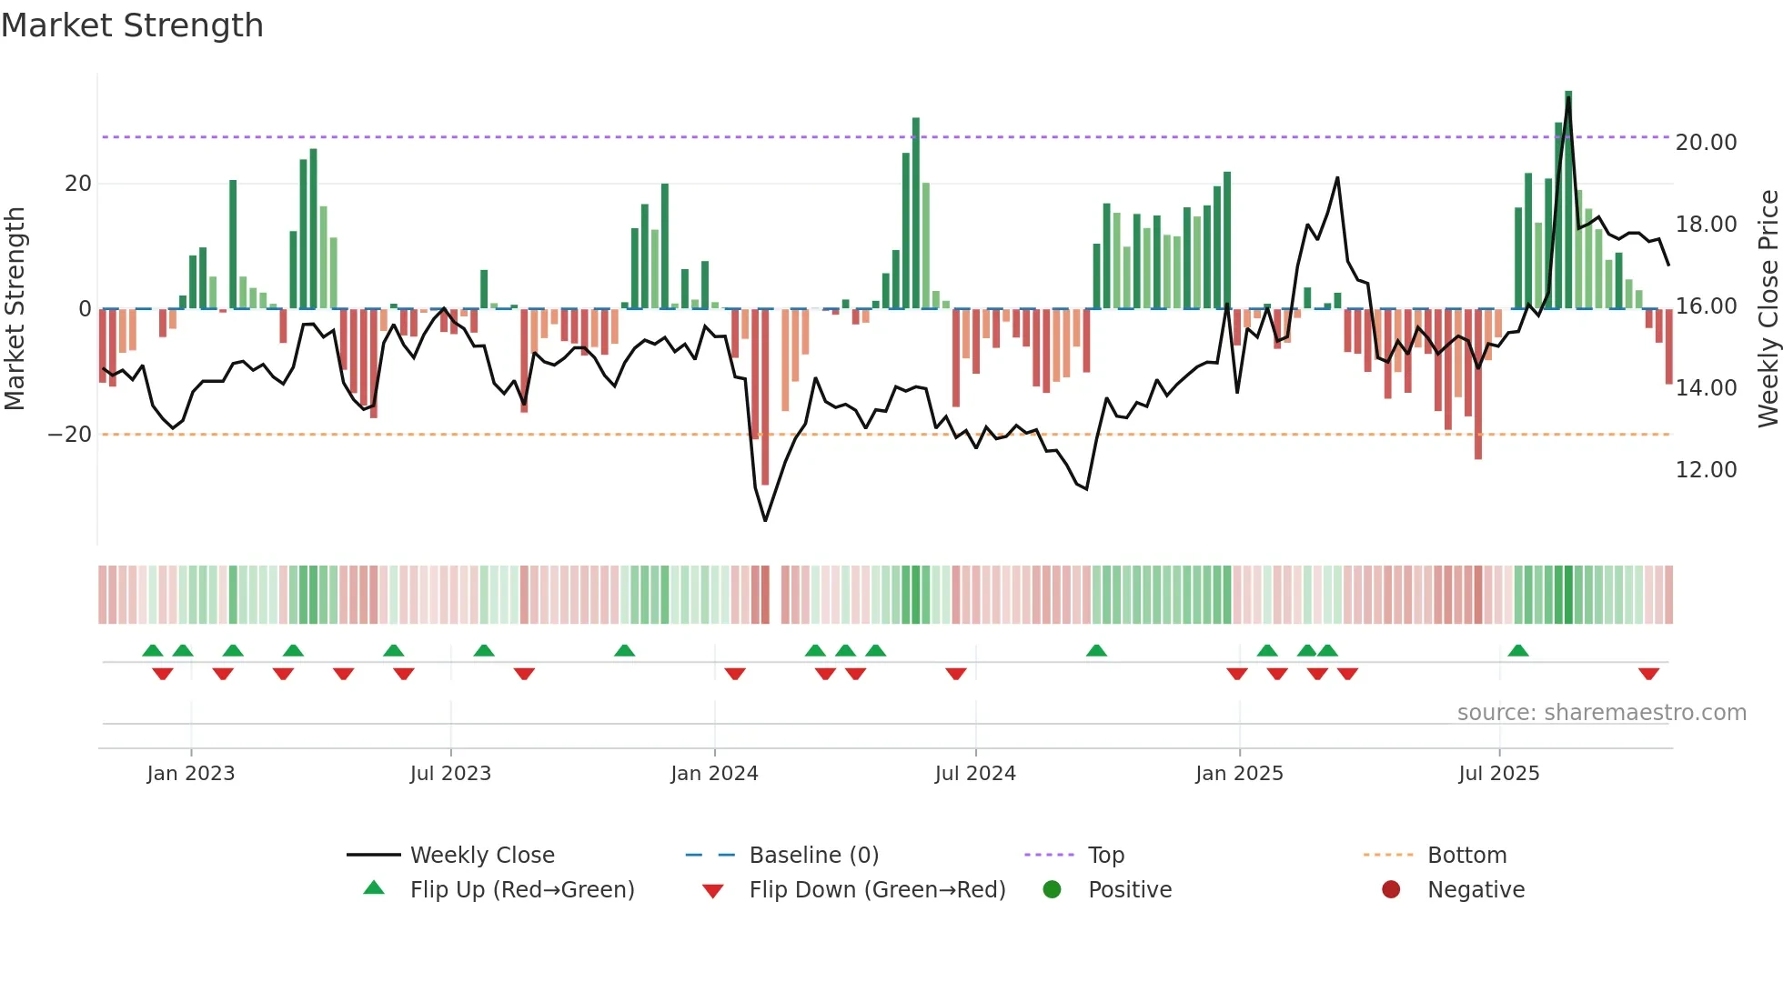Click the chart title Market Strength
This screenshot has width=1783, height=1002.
pos(133,25)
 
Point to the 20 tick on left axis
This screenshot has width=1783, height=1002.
pos(78,184)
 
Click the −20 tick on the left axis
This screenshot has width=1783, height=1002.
pos(70,435)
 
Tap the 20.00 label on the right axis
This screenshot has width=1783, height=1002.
pos(1706,143)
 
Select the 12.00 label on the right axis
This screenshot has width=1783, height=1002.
pos(1706,470)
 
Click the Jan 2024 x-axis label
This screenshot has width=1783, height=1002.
pos(714,774)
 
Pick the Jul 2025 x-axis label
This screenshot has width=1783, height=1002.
pos(1498,774)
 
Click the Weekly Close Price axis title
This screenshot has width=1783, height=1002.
pos(1768,309)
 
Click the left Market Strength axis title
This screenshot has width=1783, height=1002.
pos(15,309)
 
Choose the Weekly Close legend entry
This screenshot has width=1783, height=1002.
pos(482,856)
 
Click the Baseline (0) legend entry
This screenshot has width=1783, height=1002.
pos(813,856)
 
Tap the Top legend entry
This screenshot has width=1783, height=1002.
pos(1106,856)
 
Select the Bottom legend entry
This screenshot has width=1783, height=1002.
pos(1466,856)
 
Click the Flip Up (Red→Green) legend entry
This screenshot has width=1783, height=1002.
pos(521,890)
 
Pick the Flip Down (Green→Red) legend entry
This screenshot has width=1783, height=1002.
pos(877,890)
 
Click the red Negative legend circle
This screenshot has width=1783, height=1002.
pos(1391,889)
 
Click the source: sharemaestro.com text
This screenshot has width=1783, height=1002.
pos(1601,713)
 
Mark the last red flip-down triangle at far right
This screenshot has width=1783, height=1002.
pos(1648,674)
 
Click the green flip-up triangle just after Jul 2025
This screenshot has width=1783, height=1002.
pos(1517,650)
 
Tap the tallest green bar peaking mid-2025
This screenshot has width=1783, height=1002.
pos(1568,200)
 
